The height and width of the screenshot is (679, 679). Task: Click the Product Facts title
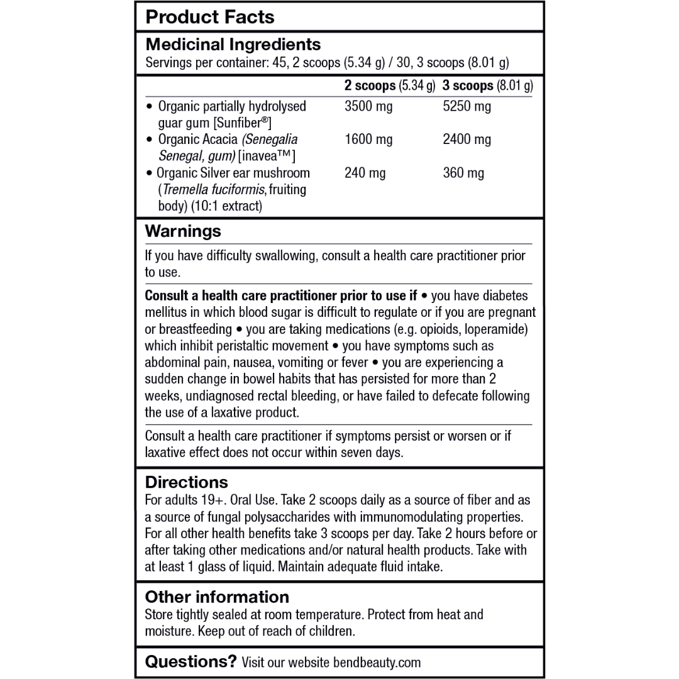[x=210, y=17]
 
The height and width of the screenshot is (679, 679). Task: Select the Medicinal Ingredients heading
[x=233, y=45]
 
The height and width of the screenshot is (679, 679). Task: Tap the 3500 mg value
[x=368, y=106]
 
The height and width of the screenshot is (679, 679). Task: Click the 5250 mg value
[x=466, y=106]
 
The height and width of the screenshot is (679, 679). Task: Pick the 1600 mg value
[x=368, y=140]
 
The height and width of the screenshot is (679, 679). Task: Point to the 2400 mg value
[x=466, y=140]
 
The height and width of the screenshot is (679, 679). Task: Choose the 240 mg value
[x=365, y=173]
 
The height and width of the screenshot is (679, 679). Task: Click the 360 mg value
[x=463, y=173]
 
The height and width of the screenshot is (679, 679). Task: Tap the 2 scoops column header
[x=389, y=85]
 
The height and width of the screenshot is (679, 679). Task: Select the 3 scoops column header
[x=487, y=85]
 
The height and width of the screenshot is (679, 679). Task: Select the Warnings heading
[x=183, y=231]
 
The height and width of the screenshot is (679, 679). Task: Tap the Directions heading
[x=187, y=482]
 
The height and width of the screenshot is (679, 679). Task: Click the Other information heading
[x=217, y=597]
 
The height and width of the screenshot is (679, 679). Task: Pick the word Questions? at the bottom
[x=191, y=661]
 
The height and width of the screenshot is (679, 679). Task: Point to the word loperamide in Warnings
[x=494, y=329]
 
